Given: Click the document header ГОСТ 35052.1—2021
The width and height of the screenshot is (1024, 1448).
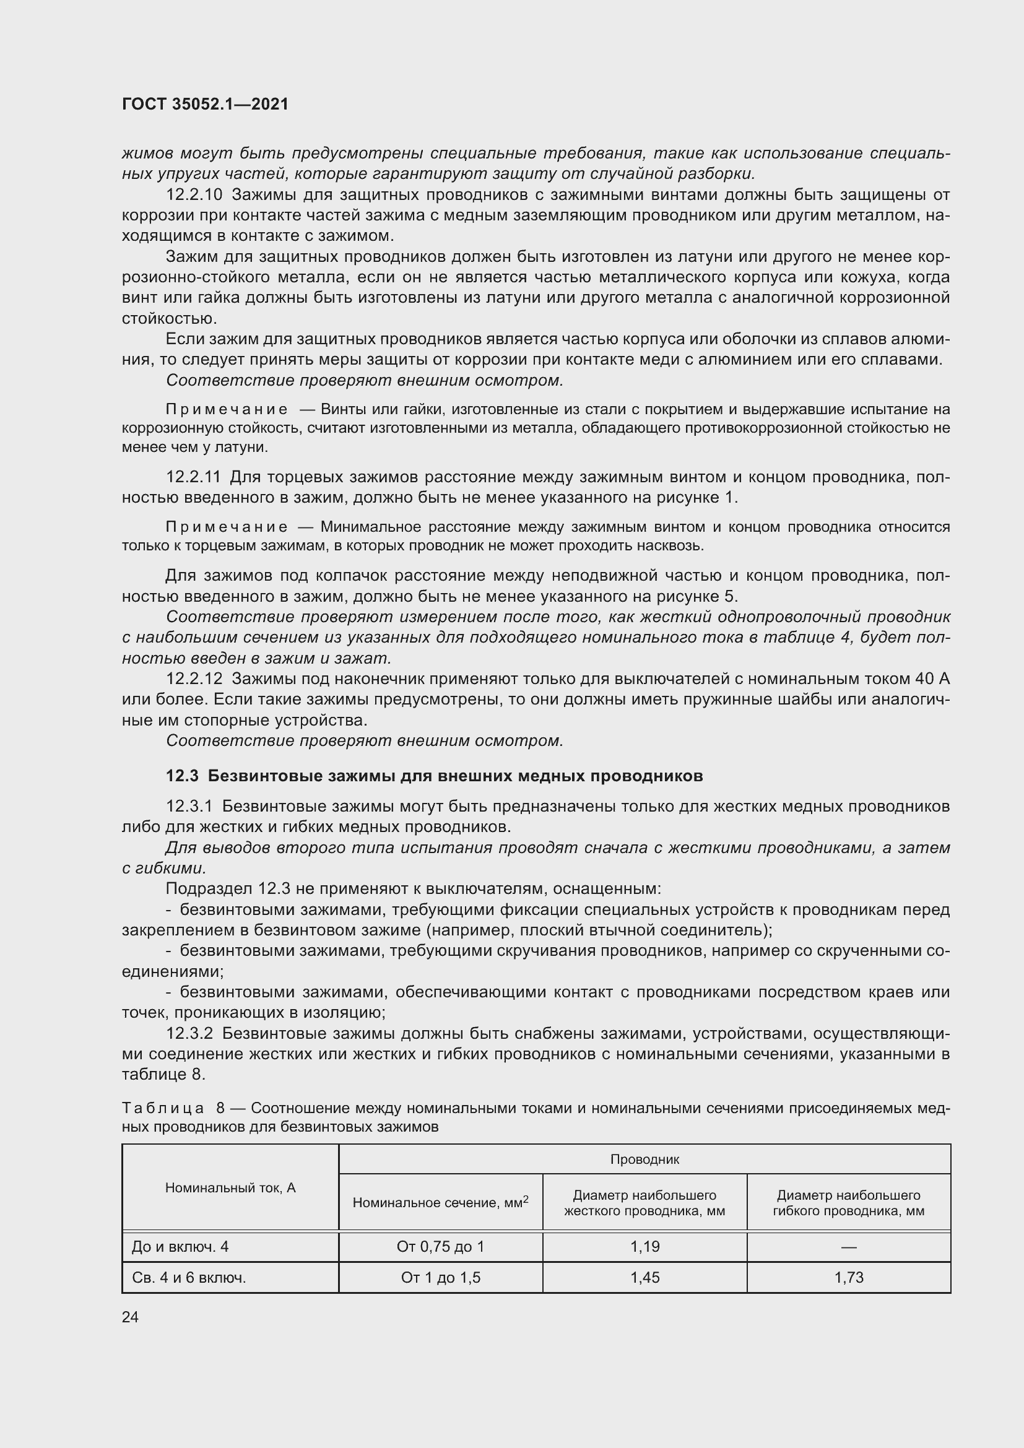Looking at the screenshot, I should [205, 105].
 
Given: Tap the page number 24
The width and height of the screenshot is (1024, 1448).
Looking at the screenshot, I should [130, 1317].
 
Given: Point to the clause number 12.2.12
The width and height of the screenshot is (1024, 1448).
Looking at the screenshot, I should [194, 678].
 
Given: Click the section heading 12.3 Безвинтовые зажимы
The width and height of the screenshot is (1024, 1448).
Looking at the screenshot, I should [434, 776].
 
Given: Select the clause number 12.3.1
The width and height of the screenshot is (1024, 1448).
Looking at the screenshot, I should [190, 806].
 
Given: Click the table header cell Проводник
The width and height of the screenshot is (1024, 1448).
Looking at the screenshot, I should [644, 1159].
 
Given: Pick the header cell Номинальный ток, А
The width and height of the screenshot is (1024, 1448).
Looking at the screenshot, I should [230, 1188].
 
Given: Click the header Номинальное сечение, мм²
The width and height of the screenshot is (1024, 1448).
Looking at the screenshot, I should [440, 1203].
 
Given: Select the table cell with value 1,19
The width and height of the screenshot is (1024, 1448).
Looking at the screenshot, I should [644, 1247].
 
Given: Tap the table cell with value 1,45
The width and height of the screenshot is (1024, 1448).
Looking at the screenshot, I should [644, 1278].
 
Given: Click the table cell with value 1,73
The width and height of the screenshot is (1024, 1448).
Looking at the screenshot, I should [849, 1278].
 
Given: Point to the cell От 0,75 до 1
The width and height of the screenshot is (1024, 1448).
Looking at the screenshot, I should [440, 1247].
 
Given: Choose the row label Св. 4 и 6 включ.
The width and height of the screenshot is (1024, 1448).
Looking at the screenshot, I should [189, 1278].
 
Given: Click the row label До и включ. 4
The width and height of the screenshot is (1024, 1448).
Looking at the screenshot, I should [180, 1247].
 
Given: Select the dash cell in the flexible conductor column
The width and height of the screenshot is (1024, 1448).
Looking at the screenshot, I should [849, 1247].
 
